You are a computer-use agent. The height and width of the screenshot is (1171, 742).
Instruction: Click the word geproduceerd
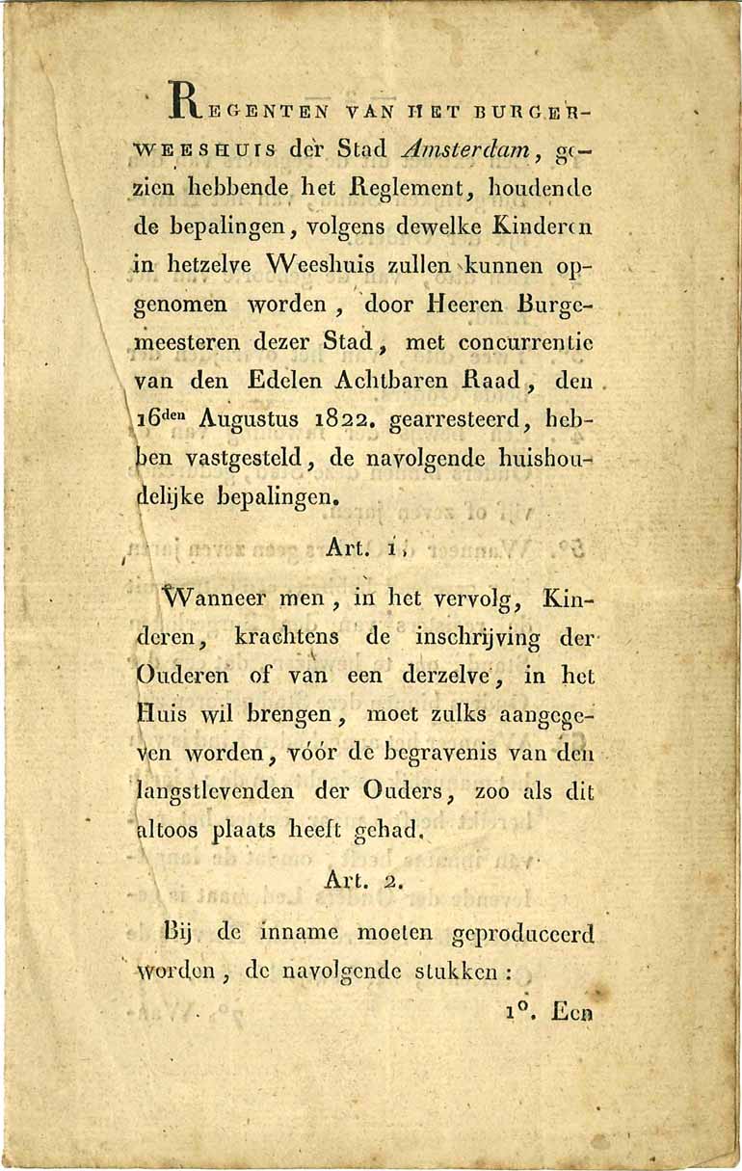tap(522, 935)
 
